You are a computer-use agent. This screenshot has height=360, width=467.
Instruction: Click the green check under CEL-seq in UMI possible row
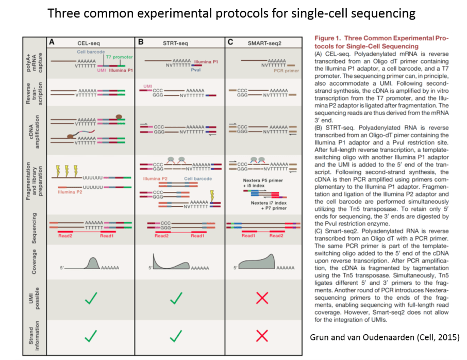click(91, 298)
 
